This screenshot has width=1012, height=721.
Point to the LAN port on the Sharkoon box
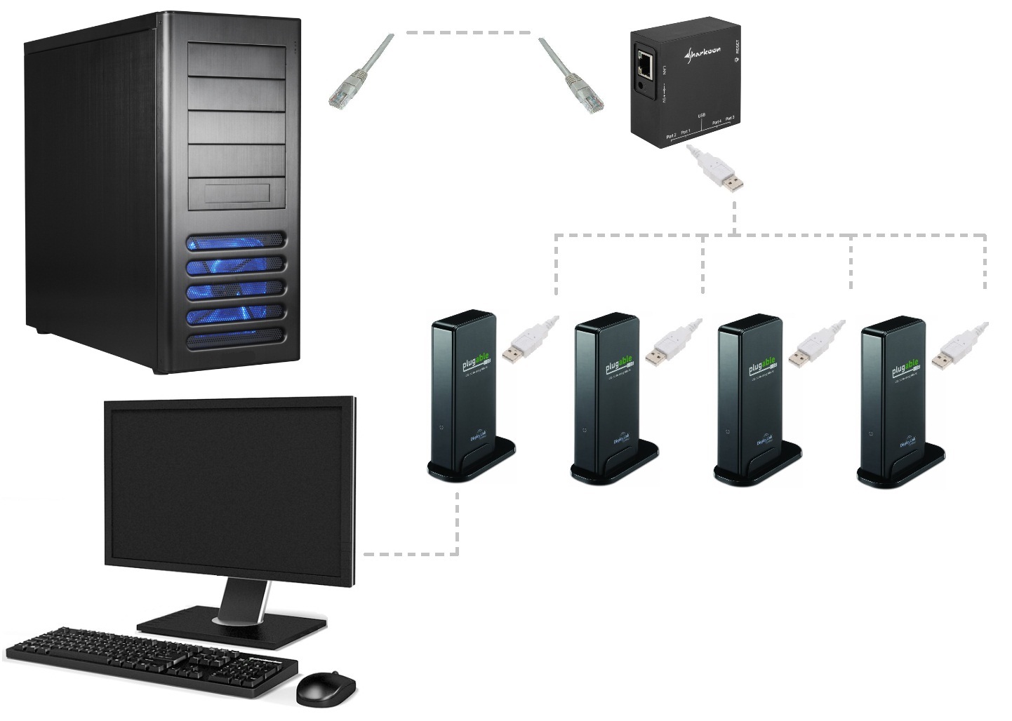click(644, 65)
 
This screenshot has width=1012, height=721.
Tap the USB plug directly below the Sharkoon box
click(723, 173)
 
